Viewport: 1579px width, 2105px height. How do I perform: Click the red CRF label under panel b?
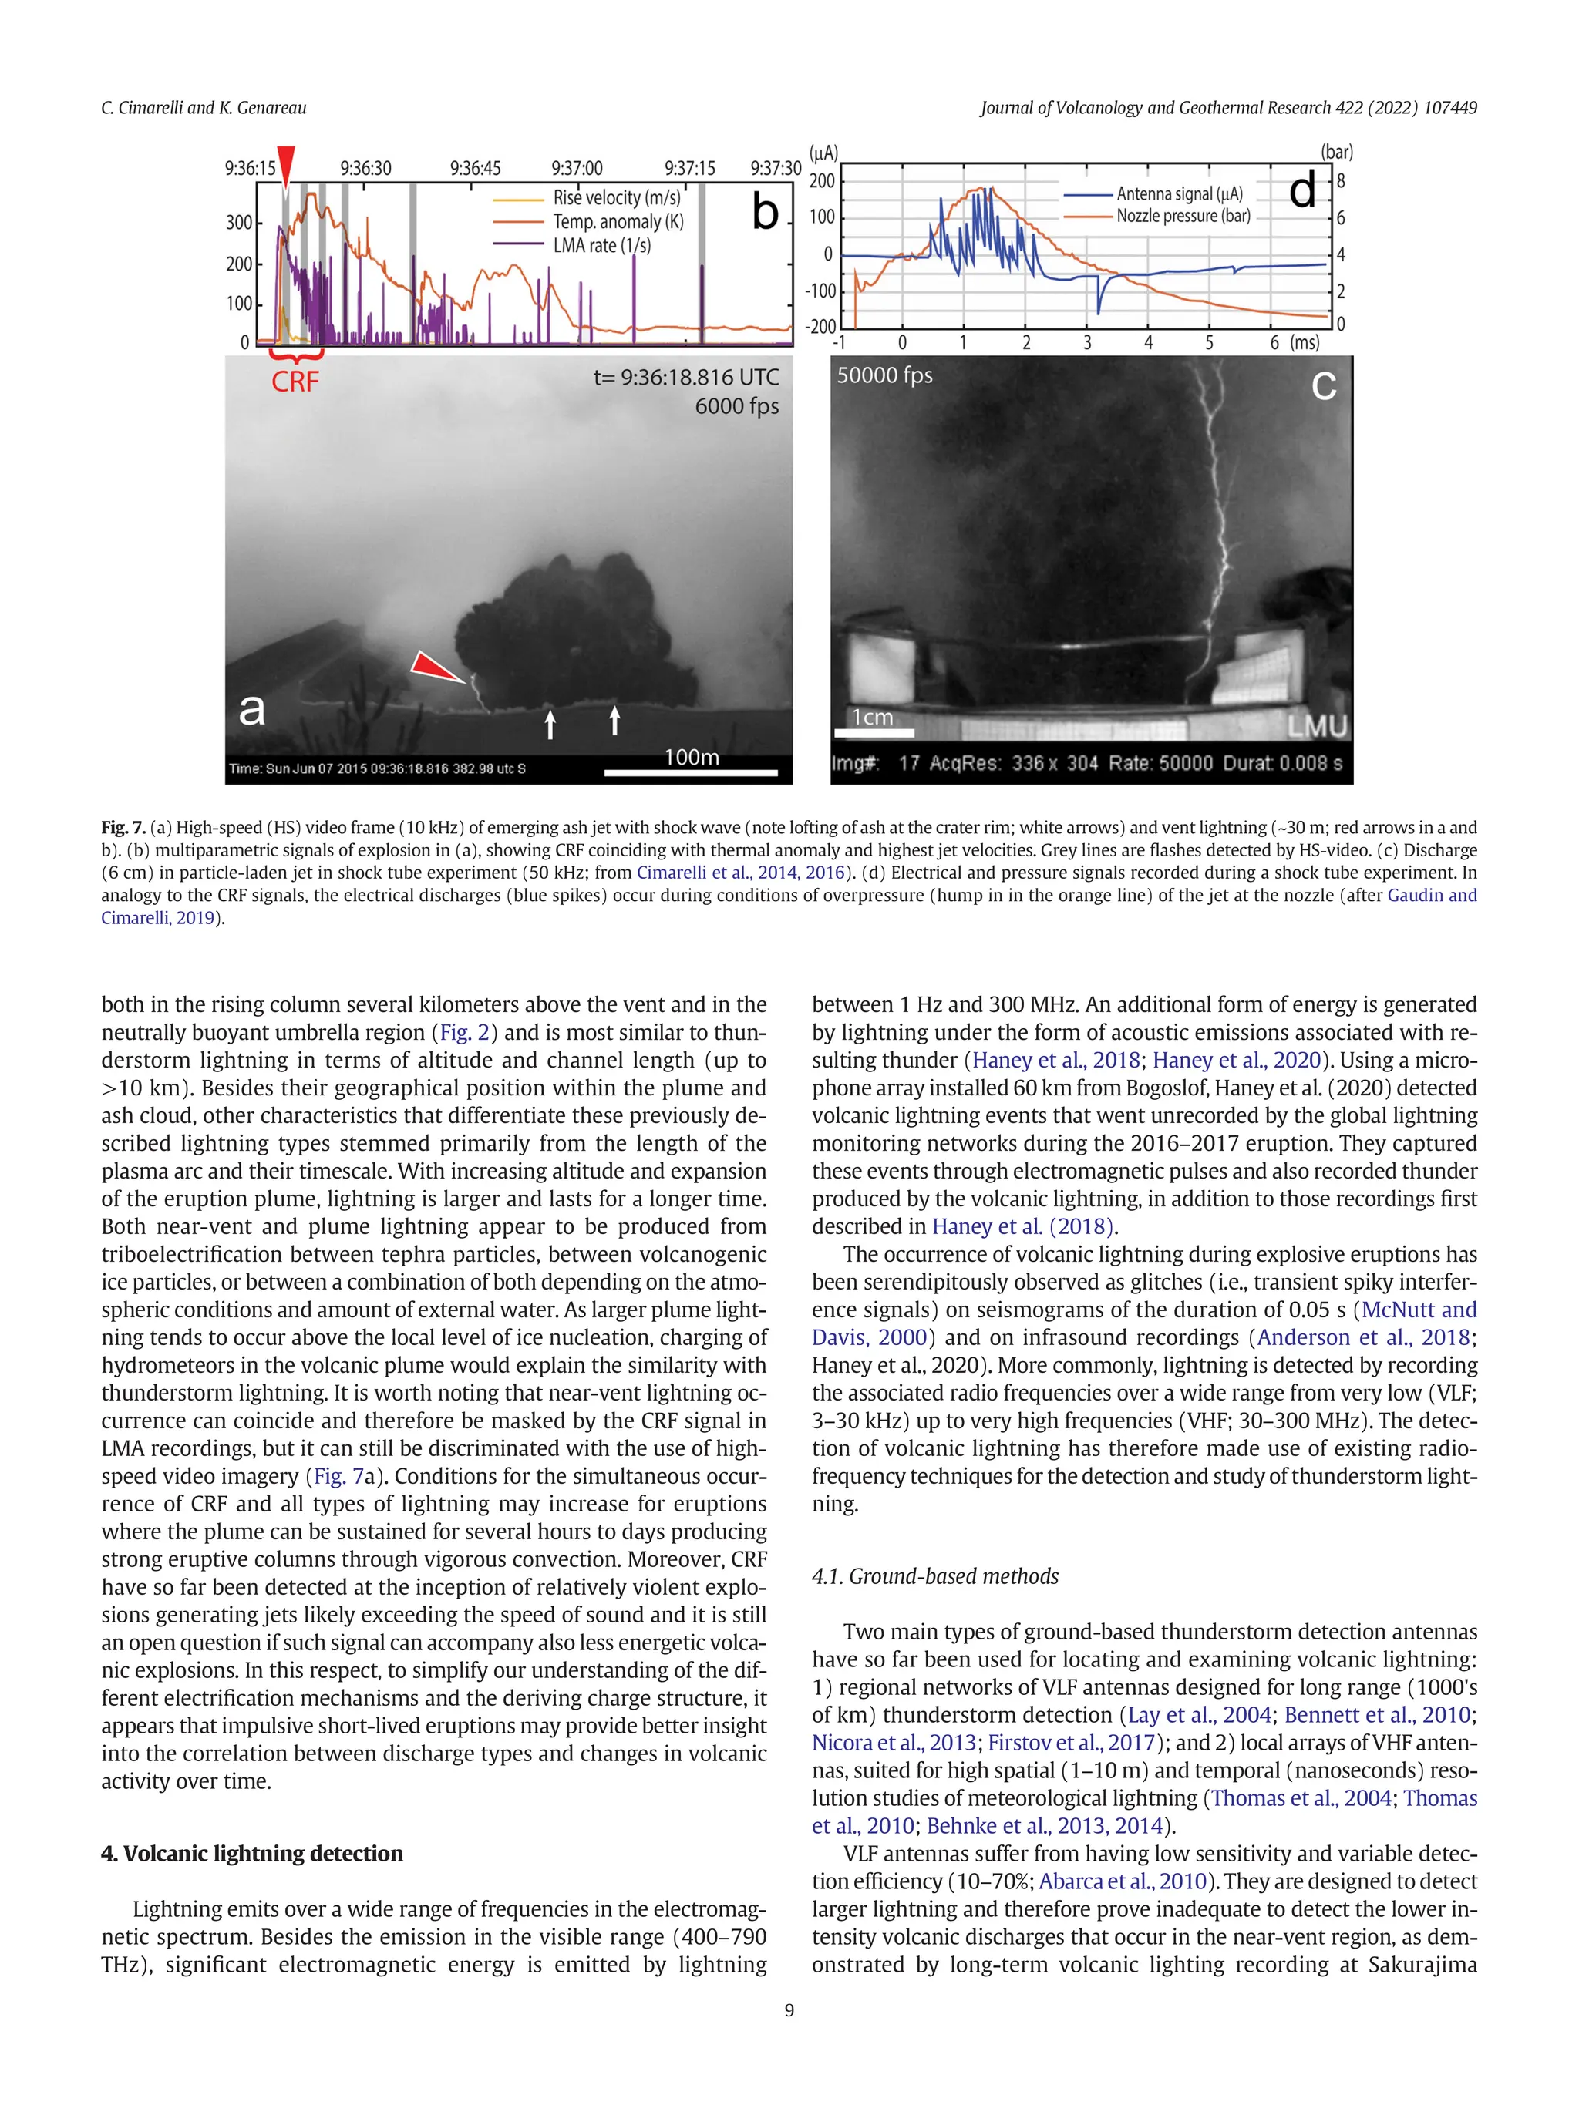[295, 382]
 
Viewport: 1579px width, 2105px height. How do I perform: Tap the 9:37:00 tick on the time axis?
[577, 169]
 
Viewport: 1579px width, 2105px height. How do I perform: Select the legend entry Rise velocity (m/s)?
[616, 198]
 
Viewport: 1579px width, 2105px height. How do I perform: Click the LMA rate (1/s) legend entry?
[601, 246]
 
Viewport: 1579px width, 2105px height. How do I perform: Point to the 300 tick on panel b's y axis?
[239, 223]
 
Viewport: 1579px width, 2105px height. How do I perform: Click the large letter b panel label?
[766, 212]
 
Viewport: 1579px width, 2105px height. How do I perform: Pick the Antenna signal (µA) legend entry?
[1178, 194]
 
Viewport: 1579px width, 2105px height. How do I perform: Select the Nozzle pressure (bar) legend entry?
[1182, 216]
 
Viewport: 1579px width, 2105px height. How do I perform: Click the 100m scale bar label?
[691, 758]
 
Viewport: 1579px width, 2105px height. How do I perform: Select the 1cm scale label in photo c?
[872, 717]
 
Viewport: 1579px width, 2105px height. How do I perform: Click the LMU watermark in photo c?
[1318, 727]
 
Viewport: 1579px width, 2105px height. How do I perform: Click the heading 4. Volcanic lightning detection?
[252, 1853]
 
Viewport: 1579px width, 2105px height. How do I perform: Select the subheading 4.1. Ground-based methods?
[934, 1576]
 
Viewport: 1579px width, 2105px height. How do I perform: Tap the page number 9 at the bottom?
[789, 2010]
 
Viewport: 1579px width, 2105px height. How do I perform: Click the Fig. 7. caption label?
[123, 828]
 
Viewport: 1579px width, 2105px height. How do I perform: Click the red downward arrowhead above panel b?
[285, 162]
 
